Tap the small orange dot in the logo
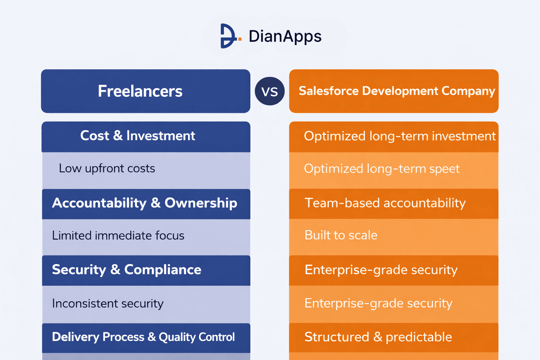click(x=240, y=39)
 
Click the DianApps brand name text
click(x=285, y=36)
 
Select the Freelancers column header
click(x=140, y=91)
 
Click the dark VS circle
click(x=270, y=91)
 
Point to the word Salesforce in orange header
click(x=328, y=91)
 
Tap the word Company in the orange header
click(x=468, y=91)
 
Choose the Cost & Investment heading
click(x=137, y=136)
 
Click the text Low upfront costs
click(x=107, y=168)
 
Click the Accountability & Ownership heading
click(x=144, y=203)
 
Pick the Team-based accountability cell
click(x=385, y=203)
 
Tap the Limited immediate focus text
click(x=118, y=236)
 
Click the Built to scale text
click(x=341, y=235)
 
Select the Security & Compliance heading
click(x=127, y=270)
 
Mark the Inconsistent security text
click(x=108, y=303)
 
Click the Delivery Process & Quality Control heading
click(x=143, y=337)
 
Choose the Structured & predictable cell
click(x=378, y=337)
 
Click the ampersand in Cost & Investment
click(x=118, y=136)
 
